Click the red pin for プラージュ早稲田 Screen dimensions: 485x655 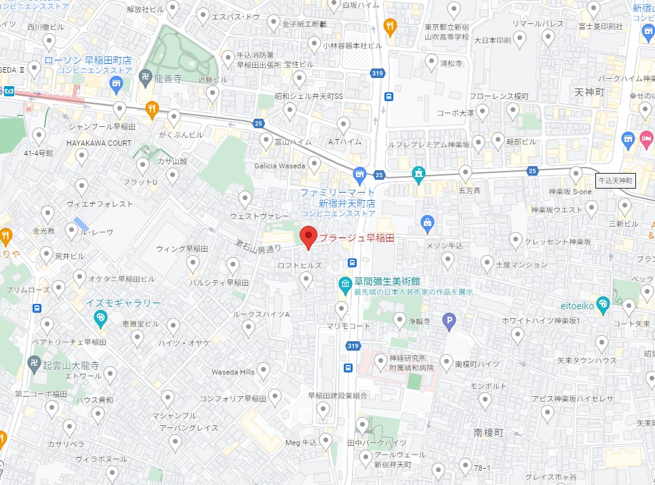point(309,236)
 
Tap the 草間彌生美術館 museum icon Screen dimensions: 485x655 point(345,282)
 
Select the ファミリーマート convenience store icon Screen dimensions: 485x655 point(359,174)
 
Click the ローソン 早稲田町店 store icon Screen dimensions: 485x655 point(116,85)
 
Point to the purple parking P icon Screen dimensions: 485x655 point(448,322)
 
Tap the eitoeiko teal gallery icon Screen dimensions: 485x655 point(603,303)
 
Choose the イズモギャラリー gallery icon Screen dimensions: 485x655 point(100,317)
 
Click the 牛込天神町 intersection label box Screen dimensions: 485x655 point(614,180)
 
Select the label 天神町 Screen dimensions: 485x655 point(589,91)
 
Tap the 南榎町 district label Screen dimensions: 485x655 point(488,432)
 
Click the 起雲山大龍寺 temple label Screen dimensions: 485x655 point(66,365)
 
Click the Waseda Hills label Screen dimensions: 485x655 point(232,372)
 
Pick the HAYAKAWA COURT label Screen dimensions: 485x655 point(98,143)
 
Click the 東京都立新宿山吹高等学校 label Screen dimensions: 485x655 point(447,32)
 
